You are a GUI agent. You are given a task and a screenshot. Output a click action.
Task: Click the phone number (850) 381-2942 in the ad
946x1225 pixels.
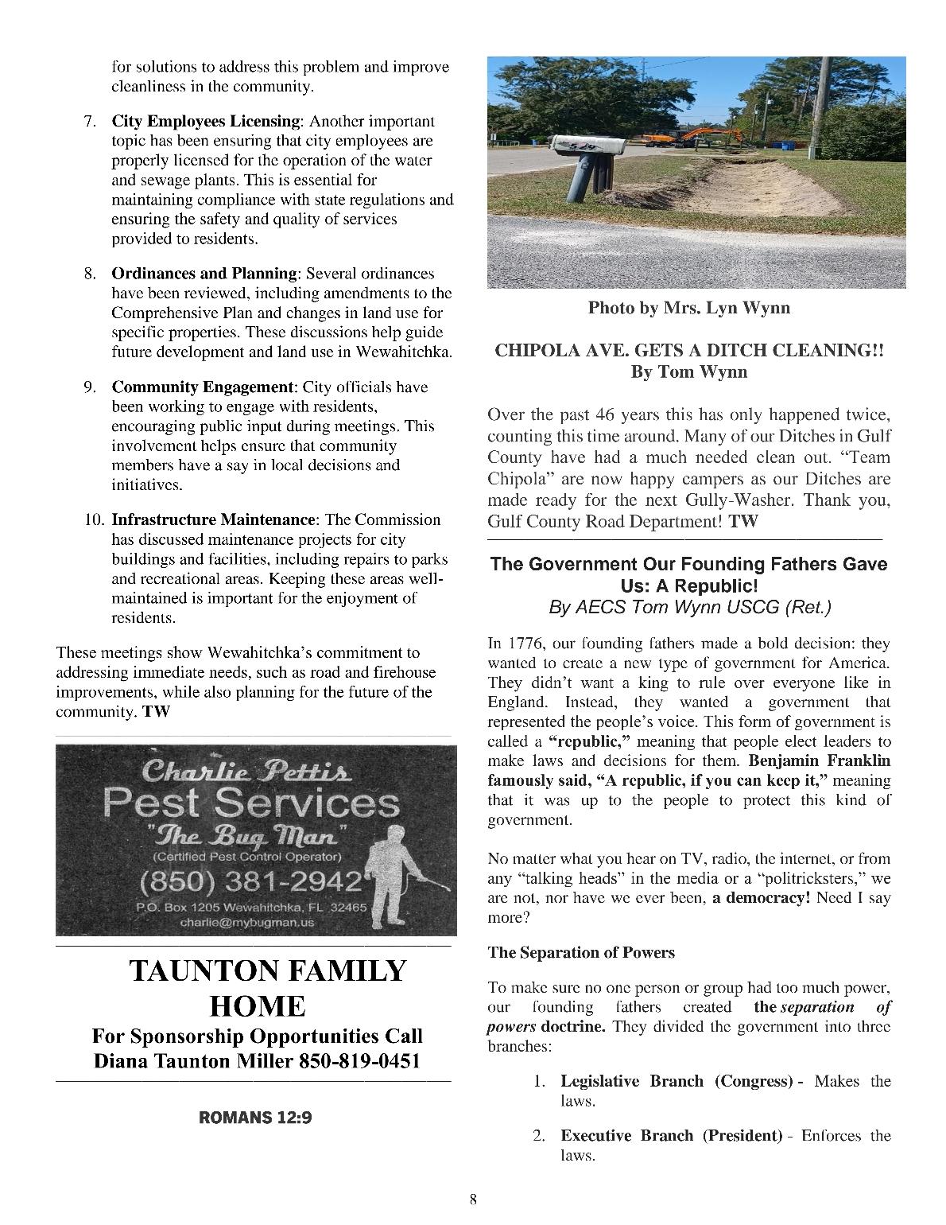[x=251, y=882]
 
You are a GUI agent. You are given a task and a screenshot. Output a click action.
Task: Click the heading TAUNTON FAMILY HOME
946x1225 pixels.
[x=266, y=988]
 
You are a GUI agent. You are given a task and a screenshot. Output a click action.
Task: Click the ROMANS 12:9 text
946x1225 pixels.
[x=255, y=1118]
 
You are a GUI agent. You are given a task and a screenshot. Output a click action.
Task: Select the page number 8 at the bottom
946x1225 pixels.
[x=473, y=1200]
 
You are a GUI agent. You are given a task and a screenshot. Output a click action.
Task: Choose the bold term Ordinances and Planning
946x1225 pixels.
[x=204, y=274]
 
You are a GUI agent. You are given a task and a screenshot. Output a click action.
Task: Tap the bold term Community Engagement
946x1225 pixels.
[x=202, y=387]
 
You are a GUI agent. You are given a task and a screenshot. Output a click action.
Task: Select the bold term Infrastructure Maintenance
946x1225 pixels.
[x=213, y=519]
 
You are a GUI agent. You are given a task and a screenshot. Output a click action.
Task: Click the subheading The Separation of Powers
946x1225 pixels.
[x=581, y=952]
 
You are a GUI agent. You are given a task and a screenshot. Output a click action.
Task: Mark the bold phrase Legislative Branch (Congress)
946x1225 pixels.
[x=677, y=1081]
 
